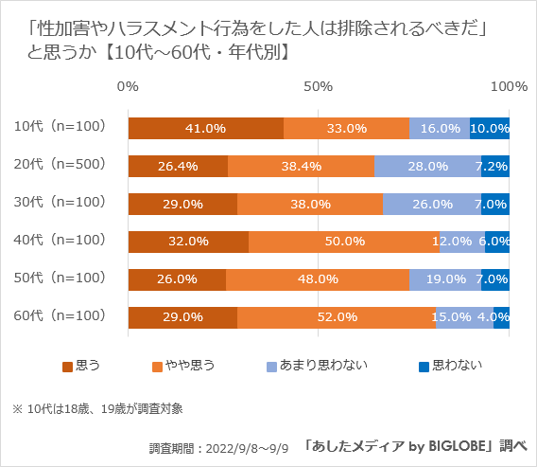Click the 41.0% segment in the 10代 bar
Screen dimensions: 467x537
tap(205, 128)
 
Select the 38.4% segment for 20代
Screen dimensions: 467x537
tap(301, 166)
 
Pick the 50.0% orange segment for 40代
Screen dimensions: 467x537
tap(344, 242)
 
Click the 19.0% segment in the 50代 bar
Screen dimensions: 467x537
tap(445, 279)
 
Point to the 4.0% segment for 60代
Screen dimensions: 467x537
tap(502, 317)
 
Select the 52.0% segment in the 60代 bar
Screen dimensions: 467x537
tap(337, 317)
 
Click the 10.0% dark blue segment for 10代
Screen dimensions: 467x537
tap(490, 128)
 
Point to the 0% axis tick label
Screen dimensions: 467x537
tap(128, 87)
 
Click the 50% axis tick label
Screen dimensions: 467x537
tap(318, 87)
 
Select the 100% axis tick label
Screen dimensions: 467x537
tap(510, 87)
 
